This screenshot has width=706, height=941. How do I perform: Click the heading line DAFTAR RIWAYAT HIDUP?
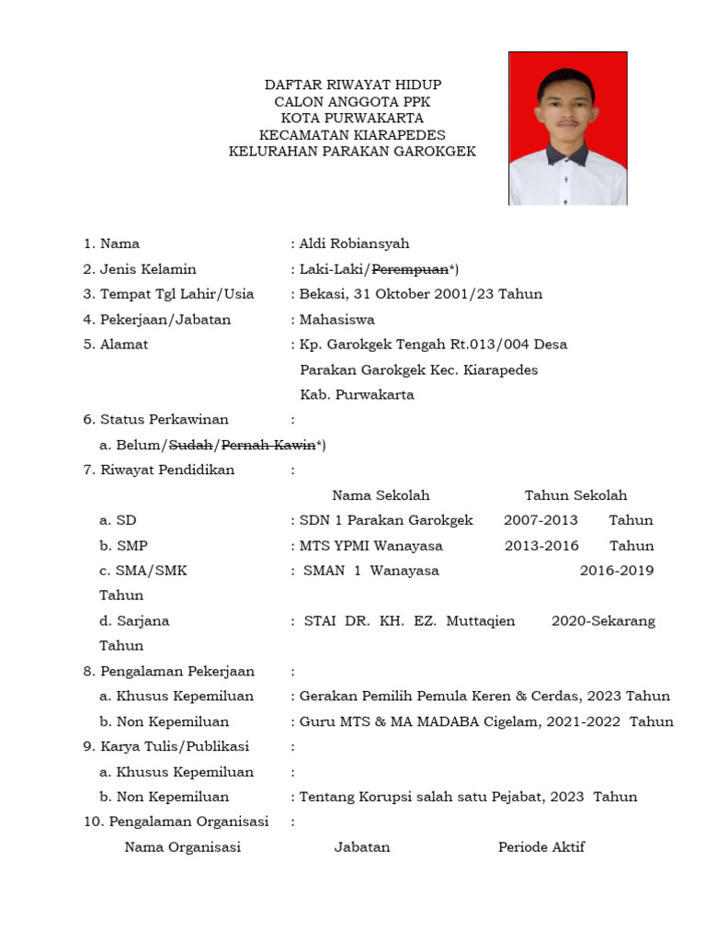pyautogui.click(x=352, y=85)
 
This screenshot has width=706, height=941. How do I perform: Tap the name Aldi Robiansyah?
pyautogui.click(x=354, y=244)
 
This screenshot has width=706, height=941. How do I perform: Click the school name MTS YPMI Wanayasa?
pyautogui.click(x=371, y=546)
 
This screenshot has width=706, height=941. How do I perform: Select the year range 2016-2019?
pyautogui.click(x=616, y=571)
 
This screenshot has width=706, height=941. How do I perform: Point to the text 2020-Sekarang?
pyautogui.click(x=603, y=621)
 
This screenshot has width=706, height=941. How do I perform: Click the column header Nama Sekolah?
pyautogui.click(x=381, y=495)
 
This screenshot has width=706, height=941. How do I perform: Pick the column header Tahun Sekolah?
pyautogui.click(x=575, y=495)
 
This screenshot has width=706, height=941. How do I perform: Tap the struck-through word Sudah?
pyautogui.click(x=191, y=446)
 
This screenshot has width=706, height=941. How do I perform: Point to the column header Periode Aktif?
pyautogui.click(x=541, y=847)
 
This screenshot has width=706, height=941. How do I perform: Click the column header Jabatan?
pyautogui.click(x=361, y=847)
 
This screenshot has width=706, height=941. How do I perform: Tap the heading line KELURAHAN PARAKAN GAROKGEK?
pyautogui.click(x=352, y=152)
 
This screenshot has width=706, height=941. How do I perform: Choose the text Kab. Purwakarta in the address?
pyautogui.click(x=357, y=395)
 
